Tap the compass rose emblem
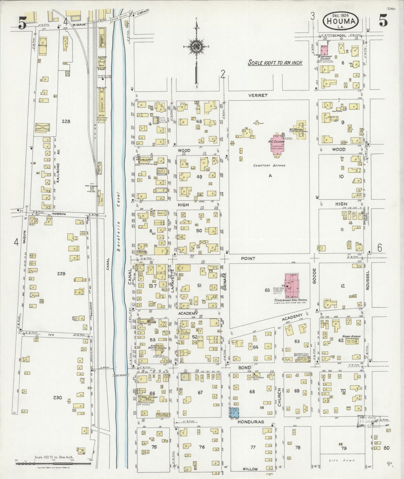point(197,46)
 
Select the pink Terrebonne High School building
point(291,286)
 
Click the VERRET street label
point(258,95)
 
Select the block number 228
point(66,121)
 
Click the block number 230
point(62,397)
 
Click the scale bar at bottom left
point(53,463)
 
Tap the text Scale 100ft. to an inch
point(275,63)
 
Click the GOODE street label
point(314,276)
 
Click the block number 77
point(253,447)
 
